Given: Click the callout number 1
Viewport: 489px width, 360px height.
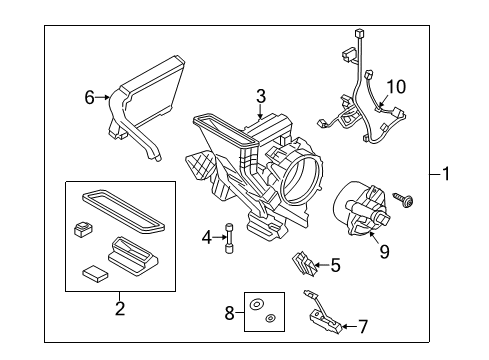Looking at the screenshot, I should pos(448,175).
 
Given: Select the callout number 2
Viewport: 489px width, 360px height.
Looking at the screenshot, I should pos(120,308).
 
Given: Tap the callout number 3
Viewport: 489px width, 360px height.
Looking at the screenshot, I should pos(260,96).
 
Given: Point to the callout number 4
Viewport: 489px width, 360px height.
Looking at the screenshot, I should pos(207,238).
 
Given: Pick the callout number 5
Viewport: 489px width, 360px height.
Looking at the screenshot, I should pos(335,266).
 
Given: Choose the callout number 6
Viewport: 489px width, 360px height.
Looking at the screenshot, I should pos(90,97).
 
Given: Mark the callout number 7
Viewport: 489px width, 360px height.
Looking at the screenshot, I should pos(363,325).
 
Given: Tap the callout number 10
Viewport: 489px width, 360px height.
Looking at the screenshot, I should pos(396,87).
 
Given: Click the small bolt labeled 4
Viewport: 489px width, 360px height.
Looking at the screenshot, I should pos(229,238).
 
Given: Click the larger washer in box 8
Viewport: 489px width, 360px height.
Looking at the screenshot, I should pos(257,302).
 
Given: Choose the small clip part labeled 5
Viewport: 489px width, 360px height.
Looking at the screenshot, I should pos(305,264).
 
